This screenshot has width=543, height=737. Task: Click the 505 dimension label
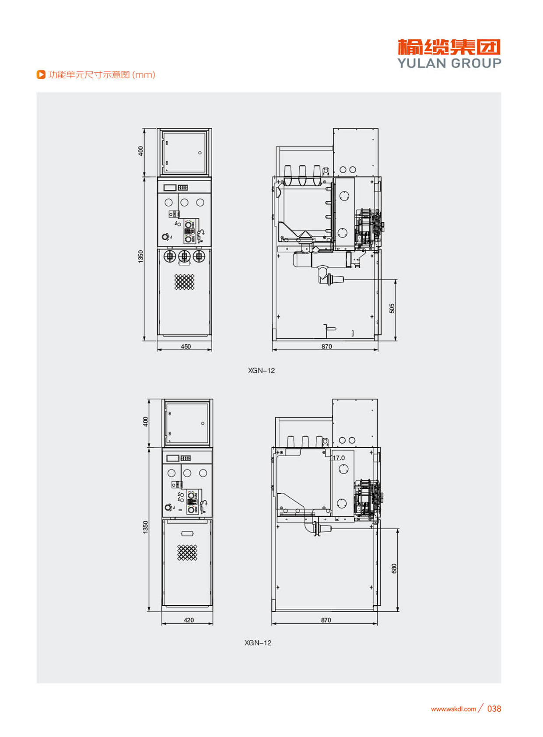pyautogui.click(x=392, y=308)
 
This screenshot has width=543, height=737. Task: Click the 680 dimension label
pyautogui.click(x=394, y=569)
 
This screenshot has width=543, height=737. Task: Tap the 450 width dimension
pyautogui.click(x=186, y=347)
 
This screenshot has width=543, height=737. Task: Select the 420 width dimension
pyautogui.click(x=189, y=620)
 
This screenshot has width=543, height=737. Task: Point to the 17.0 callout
pyautogui.click(x=339, y=458)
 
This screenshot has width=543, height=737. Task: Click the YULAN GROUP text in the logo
pyautogui.click(x=449, y=63)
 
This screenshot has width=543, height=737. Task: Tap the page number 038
pyautogui.click(x=494, y=709)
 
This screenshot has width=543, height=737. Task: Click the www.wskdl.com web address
pyautogui.click(x=454, y=709)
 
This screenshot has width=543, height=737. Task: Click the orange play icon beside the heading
pyautogui.click(x=41, y=75)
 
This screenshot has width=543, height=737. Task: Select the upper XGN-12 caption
pyautogui.click(x=262, y=371)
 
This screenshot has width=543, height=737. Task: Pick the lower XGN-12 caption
pyautogui.click(x=258, y=643)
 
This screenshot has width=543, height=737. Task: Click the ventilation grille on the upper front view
pyautogui.click(x=184, y=282)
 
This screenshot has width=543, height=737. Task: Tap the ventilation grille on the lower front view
pyautogui.click(x=187, y=552)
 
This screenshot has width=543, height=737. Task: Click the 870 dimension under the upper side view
pyautogui.click(x=326, y=347)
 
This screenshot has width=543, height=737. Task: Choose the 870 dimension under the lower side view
pyautogui.click(x=326, y=620)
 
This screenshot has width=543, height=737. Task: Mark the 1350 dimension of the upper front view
pyautogui.click(x=141, y=256)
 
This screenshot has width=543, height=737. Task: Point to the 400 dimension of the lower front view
pyautogui.click(x=145, y=422)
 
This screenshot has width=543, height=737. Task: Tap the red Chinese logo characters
pyautogui.click(x=449, y=47)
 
